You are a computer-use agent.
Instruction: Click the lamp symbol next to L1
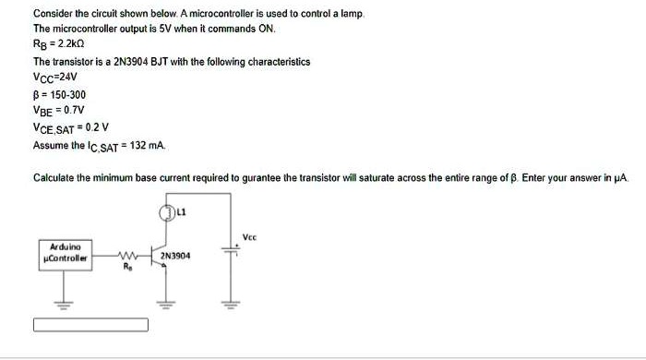[x=168, y=213]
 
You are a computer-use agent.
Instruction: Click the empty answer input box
[x=90, y=325]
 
